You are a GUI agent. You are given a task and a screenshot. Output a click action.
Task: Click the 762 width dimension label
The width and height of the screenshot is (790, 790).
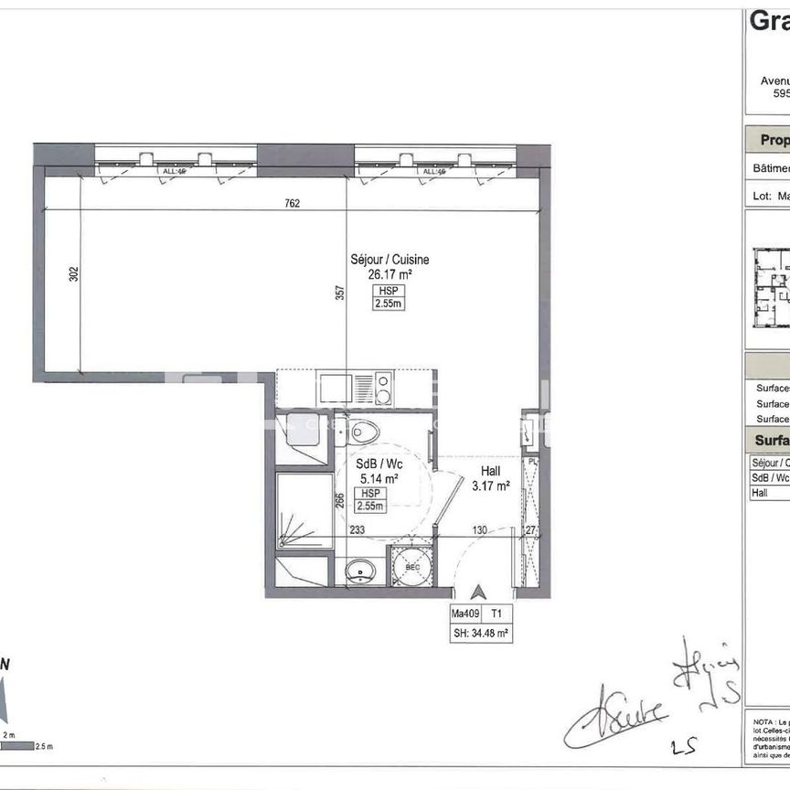click(292, 203)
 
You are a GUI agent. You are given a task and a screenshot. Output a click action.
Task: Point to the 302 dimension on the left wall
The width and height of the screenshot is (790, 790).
click(74, 273)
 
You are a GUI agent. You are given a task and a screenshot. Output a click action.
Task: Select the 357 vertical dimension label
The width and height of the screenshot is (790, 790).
click(340, 293)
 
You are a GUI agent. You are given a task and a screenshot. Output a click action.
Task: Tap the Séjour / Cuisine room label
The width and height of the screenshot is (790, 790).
click(390, 260)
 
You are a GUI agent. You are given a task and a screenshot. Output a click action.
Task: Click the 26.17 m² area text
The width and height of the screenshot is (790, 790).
click(390, 273)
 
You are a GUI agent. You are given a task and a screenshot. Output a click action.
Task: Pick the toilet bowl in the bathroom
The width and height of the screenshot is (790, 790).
click(363, 429)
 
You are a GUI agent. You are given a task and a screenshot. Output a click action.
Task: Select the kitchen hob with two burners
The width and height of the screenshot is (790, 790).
click(384, 388)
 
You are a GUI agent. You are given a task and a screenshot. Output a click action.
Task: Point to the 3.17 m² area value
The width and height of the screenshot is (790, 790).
click(490, 486)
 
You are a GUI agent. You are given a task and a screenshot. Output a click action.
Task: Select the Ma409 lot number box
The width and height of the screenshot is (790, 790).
click(465, 614)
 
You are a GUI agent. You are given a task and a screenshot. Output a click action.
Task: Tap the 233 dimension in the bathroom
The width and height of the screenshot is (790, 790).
click(357, 528)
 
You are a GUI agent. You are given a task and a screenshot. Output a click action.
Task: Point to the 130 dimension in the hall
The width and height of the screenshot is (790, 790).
click(479, 528)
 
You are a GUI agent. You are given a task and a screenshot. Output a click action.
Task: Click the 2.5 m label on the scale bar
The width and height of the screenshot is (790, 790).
click(44, 746)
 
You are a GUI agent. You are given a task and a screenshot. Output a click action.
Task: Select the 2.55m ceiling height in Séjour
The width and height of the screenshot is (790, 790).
click(388, 304)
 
